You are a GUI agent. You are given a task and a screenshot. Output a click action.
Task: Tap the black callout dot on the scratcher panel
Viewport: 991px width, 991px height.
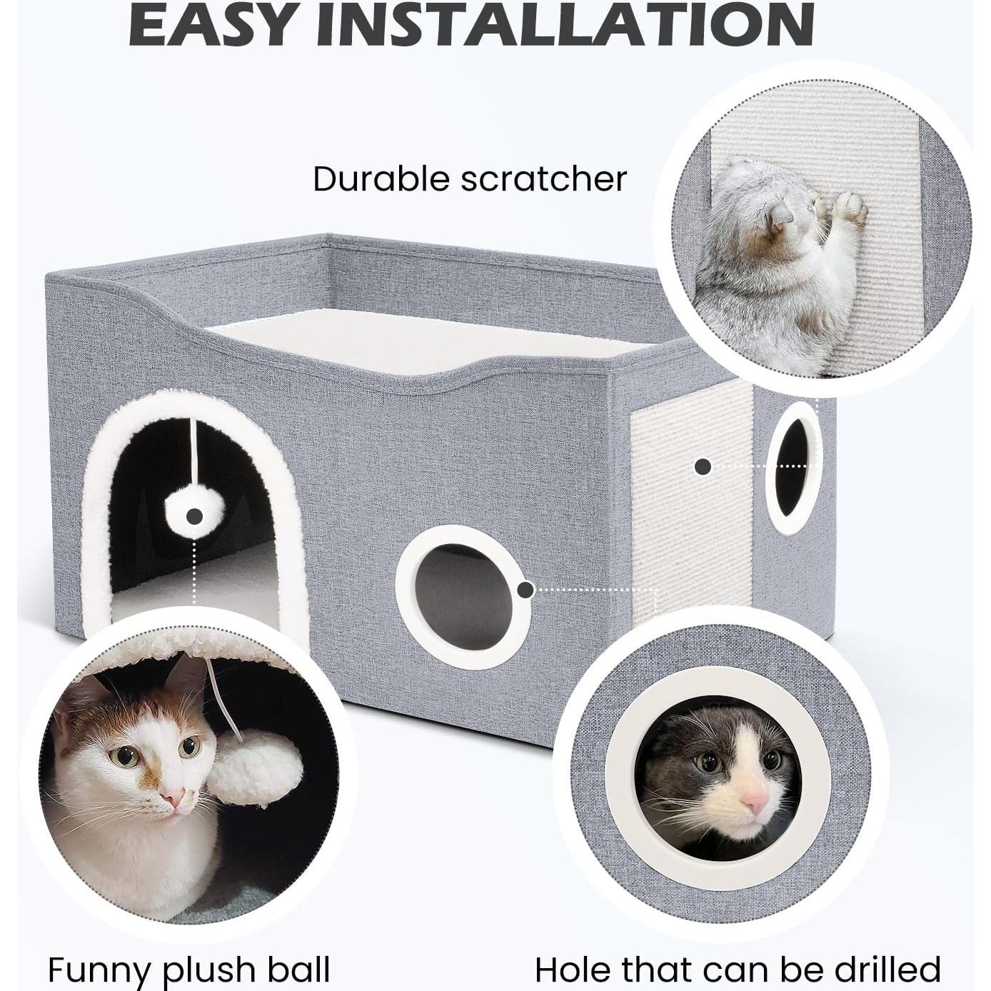[x=703, y=467]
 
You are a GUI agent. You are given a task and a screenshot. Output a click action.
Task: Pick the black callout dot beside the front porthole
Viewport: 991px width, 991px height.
[x=525, y=590]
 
